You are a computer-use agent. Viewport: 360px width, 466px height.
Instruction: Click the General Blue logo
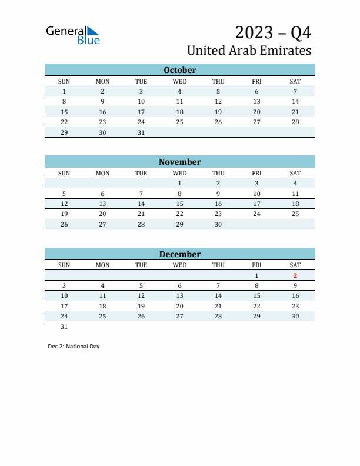[73, 35]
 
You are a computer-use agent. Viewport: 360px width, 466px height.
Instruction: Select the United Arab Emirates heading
[249, 50]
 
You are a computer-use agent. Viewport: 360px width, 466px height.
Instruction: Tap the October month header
[180, 70]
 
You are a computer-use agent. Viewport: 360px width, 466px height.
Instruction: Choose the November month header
[180, 162]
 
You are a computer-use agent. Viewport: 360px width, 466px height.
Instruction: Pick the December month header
[180, 254]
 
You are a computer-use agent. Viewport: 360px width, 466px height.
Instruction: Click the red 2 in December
[295, 275]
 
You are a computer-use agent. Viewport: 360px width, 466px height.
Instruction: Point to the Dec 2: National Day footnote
[74, 347]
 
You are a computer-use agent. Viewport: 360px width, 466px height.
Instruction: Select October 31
[141, 132]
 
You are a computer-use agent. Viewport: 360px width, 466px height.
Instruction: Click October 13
[256, 102]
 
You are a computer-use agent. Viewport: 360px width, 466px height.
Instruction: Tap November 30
[218, 224]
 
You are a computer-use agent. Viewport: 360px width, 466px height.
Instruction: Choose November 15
[180, 204]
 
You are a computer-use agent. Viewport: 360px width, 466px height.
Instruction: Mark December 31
[64, 327]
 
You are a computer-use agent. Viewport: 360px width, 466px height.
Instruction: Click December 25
[102, 316]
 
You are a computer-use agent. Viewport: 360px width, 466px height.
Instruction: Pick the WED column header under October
[180, 81]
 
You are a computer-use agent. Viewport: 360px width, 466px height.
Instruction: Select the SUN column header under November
[64, 173]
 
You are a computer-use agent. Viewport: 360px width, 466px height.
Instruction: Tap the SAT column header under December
[295, 265]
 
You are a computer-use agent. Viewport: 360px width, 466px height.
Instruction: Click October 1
[64, 91]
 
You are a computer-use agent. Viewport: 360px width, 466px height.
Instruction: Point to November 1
[180, 183]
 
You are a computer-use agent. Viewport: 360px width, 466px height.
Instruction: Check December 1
[256, 275]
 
